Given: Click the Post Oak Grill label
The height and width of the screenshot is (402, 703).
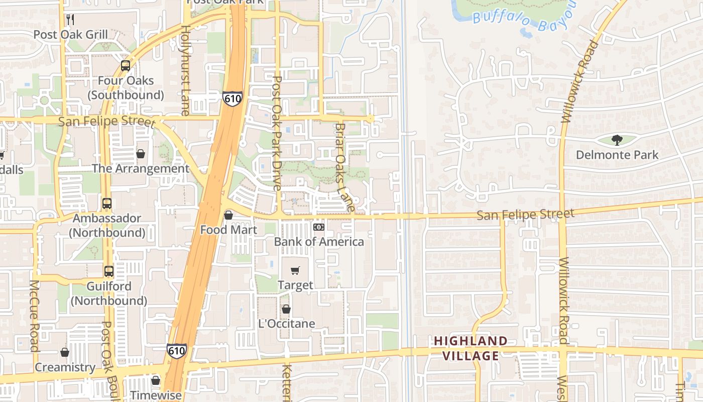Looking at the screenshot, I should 70,35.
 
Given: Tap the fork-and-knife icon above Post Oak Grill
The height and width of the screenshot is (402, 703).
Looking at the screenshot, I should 70,20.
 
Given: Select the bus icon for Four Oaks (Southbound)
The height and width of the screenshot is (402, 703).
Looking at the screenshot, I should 125,66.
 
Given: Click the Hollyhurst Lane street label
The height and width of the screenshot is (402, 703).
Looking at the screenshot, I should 185,71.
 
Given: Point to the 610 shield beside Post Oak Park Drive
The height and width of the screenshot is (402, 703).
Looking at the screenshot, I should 232,98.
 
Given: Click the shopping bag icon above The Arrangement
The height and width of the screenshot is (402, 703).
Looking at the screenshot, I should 141,154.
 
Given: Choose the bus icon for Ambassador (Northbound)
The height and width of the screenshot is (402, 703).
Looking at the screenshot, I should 107,204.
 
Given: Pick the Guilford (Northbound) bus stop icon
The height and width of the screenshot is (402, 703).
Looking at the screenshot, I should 109,271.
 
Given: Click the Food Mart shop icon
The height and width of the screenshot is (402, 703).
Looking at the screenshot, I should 228,215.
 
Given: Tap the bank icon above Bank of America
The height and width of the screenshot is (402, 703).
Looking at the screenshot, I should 319,227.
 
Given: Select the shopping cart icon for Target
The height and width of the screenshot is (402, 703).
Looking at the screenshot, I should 295,271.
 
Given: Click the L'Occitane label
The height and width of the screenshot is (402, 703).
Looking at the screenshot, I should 286,324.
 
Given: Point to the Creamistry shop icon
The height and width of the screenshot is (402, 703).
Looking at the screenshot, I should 65,352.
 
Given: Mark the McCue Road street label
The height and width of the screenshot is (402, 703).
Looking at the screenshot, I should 34,316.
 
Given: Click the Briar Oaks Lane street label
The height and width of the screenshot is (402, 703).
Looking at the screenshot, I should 344,167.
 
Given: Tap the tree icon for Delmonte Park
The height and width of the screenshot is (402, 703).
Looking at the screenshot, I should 617,140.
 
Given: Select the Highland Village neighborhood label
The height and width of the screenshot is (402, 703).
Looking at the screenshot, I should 471,348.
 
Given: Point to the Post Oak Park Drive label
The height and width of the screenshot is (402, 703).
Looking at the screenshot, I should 277,133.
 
